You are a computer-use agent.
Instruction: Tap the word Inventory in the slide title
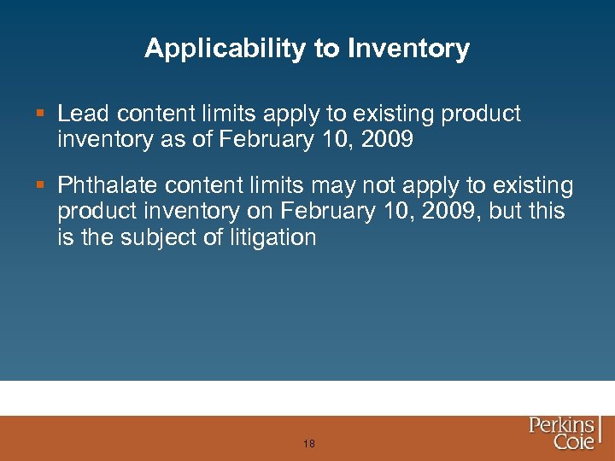(x=408, y=49)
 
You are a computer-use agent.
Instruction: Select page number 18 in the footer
(x=308, y=444)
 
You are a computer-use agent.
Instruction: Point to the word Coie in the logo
(x=573, y=443)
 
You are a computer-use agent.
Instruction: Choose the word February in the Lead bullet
(x=257, y=139)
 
